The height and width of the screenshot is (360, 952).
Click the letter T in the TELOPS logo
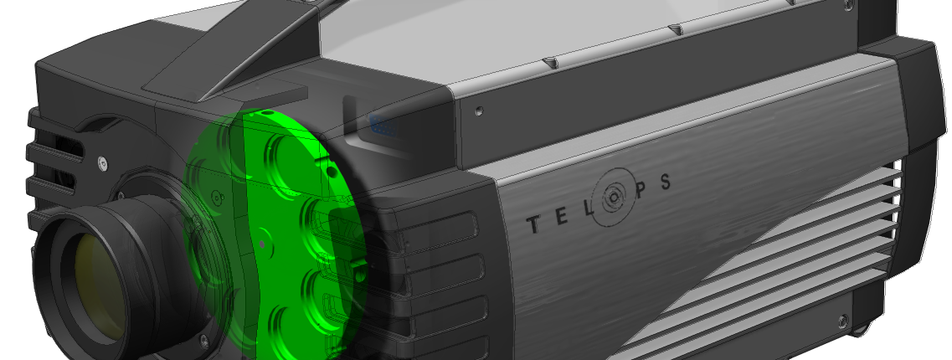pos(532,225)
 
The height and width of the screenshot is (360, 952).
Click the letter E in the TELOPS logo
pos(558,216)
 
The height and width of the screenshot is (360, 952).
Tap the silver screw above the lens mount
pos(103,162)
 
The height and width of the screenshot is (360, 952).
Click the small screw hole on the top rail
pos(479,111)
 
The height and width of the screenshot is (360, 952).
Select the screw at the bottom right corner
pos(840,320)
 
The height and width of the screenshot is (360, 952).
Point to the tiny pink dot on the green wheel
pos(261,244)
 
